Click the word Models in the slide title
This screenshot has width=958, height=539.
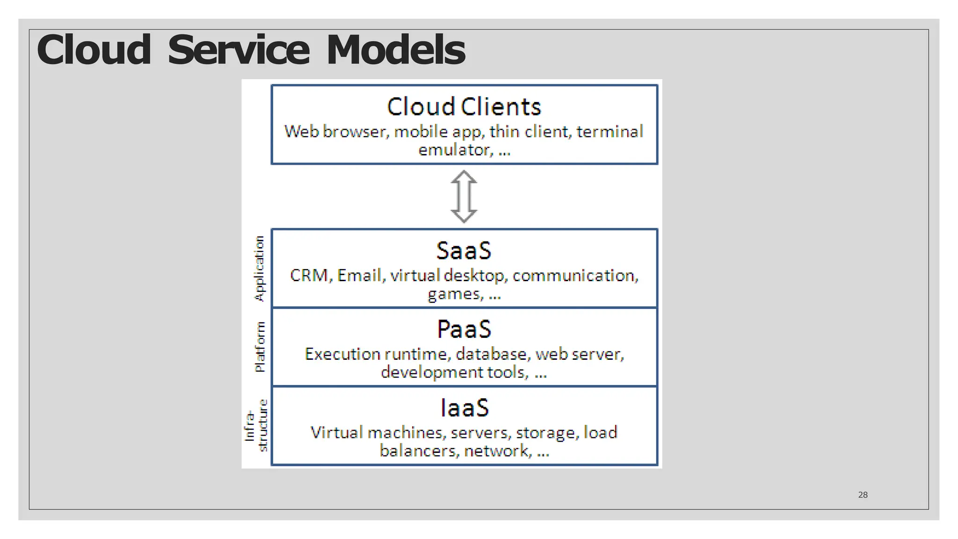tap(395, 50)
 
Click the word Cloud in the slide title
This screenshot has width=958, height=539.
tap(94, 50)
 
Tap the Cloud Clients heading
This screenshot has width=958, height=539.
tap(464, 107)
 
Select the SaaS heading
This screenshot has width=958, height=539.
tap(464, 251)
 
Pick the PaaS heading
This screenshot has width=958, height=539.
tap(464, 329)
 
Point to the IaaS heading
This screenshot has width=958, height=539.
tap(464, 408)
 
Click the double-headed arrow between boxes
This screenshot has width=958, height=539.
tap(464, 197)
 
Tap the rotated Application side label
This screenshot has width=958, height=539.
tap(259, 269)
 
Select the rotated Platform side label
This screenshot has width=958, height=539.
tap(260, 347)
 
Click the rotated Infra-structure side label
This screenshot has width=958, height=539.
tap(256, 426)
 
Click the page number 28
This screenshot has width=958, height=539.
tap(863, 495)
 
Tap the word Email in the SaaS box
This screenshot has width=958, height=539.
tap(359, 276)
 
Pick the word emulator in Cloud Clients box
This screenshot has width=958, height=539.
tap(454, 150)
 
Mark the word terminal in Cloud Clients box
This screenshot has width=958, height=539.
tap(610, 132)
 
